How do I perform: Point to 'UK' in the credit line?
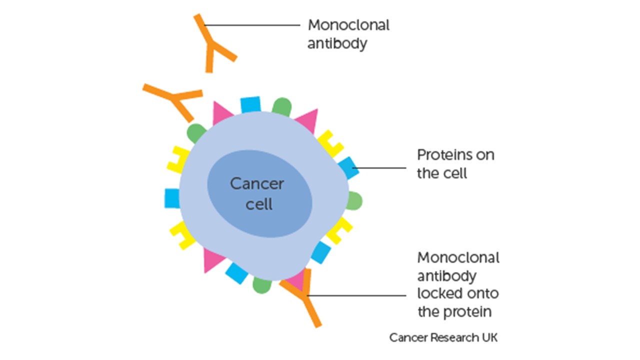tap(489, 338)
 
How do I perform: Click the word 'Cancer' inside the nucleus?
tap(256, 183)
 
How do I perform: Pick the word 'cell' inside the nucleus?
tap(259, 204)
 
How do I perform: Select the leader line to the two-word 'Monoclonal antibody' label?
tap(252, 24)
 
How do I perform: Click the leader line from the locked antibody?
tap(360, 295)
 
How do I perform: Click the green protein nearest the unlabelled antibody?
tap(195, 133)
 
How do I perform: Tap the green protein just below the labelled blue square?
tap(354, 200)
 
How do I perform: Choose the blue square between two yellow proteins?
tap(172, 198)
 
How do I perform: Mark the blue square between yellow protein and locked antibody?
tap(320, 252)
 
